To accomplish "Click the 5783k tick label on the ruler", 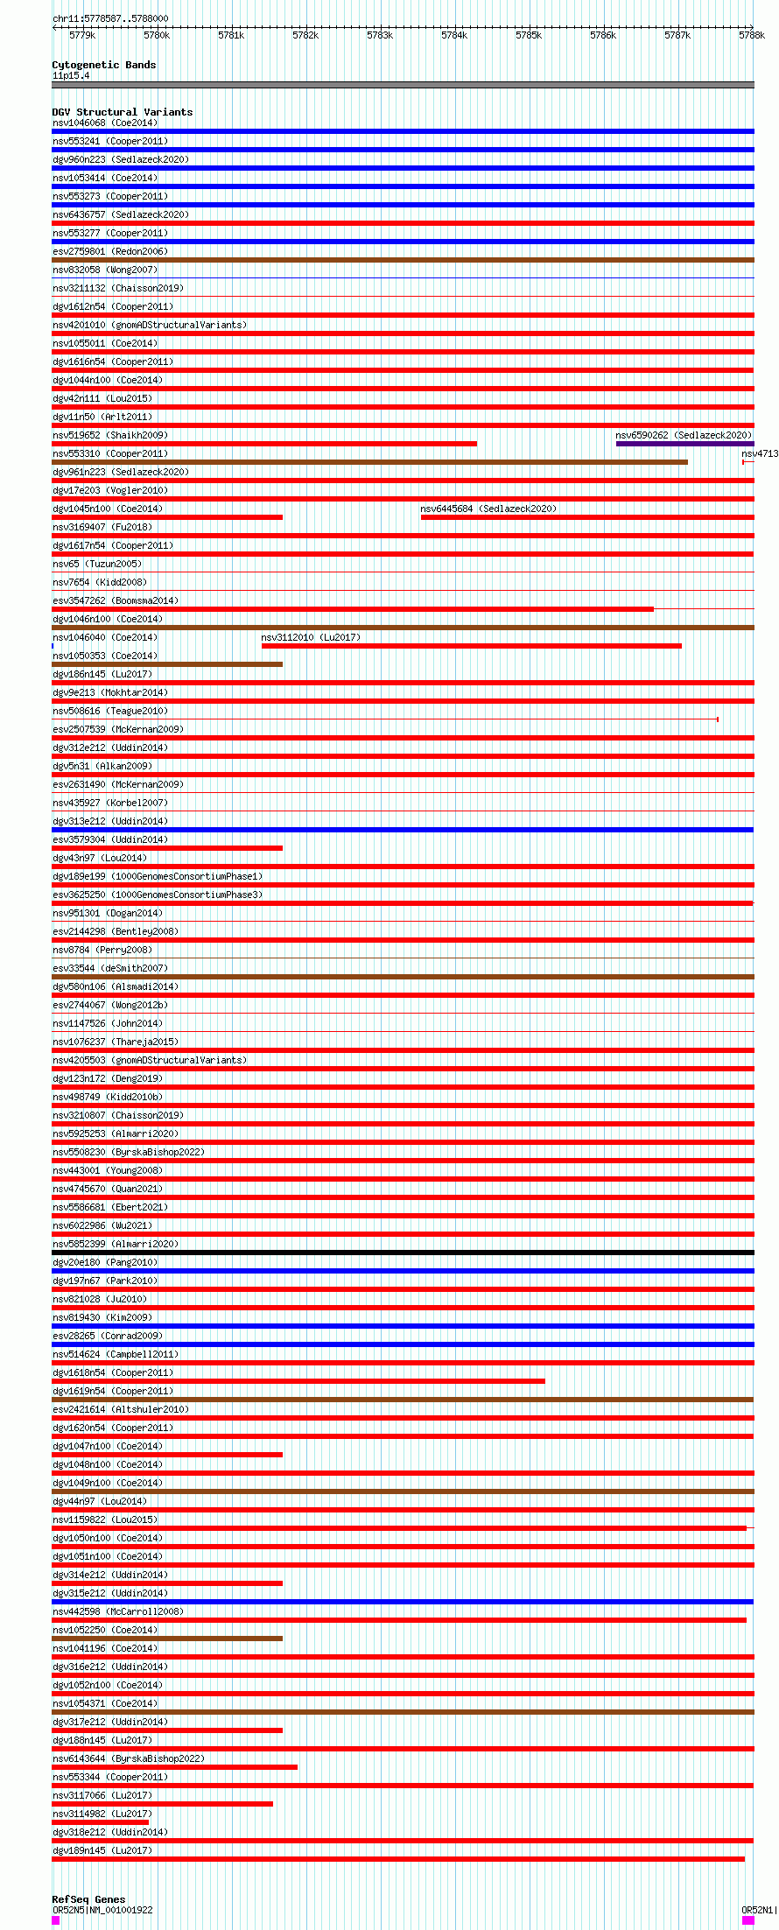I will point(380,35).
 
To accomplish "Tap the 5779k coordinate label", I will point(82,35).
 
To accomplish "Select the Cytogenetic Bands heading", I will point(103,65).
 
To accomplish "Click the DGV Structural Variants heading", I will point(122,112).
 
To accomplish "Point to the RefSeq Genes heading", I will point(88,1899).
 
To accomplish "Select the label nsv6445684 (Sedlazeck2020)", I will point(488,509).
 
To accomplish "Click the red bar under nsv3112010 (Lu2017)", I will point(471,646).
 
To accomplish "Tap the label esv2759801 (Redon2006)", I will point(109,251).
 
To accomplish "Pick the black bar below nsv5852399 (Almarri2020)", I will point(403,1253).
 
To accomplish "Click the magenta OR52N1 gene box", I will point(747,1920).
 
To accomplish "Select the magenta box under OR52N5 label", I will point(56,1920).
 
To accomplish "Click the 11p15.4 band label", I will point(71,75).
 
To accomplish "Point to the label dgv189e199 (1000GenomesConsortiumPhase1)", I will point(157,876).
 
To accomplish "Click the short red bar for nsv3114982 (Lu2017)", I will point(100,1821).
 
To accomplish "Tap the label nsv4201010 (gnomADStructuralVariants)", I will point(149,325).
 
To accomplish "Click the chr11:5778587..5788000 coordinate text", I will point(110,18).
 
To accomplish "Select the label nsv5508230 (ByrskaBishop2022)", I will point(128,1152).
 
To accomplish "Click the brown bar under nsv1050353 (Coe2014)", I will point(167,664).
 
